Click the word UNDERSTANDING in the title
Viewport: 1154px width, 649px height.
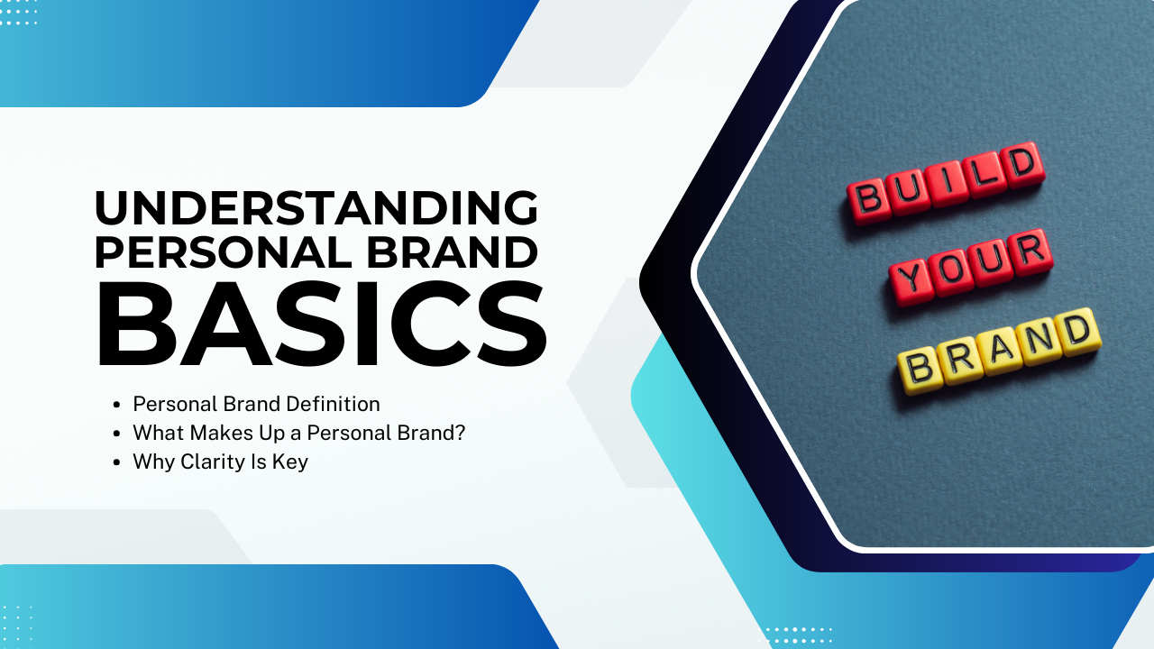tap(316, 207)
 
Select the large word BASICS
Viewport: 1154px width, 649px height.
tap(322, 324)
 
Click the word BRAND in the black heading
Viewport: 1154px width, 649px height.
tap(452, 252)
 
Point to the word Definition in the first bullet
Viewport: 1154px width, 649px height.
tap(333, 404)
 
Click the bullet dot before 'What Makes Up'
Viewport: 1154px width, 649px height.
tap(116, 434)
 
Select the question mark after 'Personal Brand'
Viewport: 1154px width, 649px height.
tap(460, 433)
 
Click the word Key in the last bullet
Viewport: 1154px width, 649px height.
tap(290, 462)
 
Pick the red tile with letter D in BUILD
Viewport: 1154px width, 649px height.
tap(1023, 164)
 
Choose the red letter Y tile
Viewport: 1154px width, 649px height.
tap(911, 281)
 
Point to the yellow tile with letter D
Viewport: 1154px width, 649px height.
tap(1079, 331)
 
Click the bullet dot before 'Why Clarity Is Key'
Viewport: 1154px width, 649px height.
tap(116, 462)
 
